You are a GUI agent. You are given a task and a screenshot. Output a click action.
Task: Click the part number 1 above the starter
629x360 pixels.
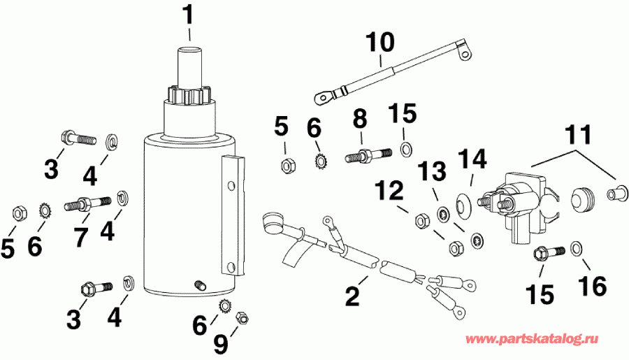(x=187, y=15)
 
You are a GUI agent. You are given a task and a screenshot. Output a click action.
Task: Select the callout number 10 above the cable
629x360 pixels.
(x=380, y=43)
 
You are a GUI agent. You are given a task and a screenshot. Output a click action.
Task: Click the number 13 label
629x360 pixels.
(x=431, y=170)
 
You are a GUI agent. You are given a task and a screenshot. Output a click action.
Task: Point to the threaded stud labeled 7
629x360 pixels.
(x=88, y=206)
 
